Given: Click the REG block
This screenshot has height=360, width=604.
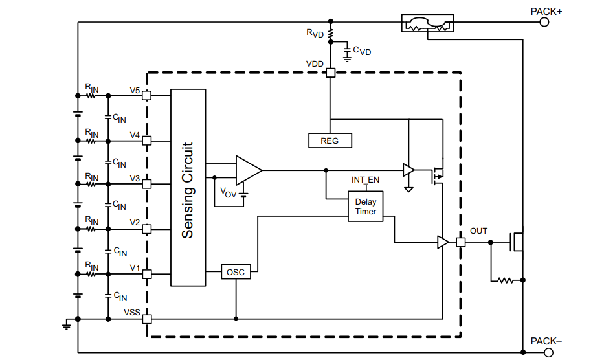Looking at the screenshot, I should click(330, 140).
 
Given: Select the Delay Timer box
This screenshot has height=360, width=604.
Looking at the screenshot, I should click(365, 207).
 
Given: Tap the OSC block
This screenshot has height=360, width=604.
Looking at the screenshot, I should click(236, 272).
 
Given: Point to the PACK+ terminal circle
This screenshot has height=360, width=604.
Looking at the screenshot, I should click(544, 22).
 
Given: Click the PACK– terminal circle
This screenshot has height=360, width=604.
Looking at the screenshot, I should click(548, 353).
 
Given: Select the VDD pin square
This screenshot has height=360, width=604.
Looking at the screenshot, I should click(330, 73).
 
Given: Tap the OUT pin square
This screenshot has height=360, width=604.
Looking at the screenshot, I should click(460, 243).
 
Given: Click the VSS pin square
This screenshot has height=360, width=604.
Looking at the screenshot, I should click(147, 319).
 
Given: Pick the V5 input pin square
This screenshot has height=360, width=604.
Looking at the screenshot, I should click(147, 96).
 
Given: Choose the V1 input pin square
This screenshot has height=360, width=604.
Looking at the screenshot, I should click(147, 274).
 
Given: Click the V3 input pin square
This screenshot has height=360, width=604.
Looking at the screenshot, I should click(147, 184).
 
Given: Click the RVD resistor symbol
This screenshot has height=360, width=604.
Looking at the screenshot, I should click(330, 32).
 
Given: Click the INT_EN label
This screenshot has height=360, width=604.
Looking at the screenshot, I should click(365, 179).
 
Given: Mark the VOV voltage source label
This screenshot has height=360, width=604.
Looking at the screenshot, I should click(228, 192).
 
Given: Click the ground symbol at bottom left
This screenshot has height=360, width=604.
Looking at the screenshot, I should click(66, 324).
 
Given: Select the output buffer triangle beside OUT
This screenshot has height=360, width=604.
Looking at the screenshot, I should click(443, 243).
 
